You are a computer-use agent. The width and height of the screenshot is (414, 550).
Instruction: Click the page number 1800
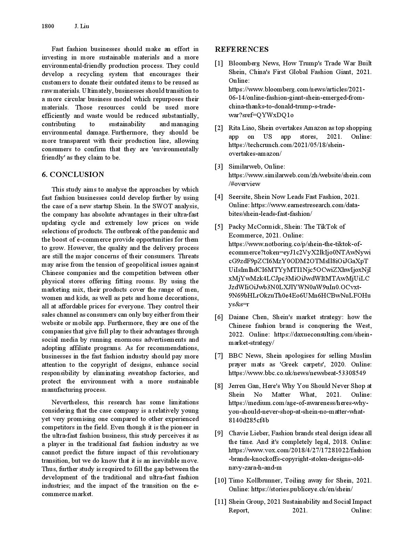48,26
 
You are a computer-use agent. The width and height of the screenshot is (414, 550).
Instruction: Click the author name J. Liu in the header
82,26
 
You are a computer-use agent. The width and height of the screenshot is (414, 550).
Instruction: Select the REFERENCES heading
242,49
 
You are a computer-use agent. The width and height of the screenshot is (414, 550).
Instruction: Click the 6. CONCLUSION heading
73,175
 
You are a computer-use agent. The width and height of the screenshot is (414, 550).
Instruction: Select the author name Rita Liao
241,128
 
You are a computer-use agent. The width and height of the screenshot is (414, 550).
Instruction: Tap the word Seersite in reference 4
240,197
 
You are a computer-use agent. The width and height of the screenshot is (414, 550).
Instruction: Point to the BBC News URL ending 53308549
297,373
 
